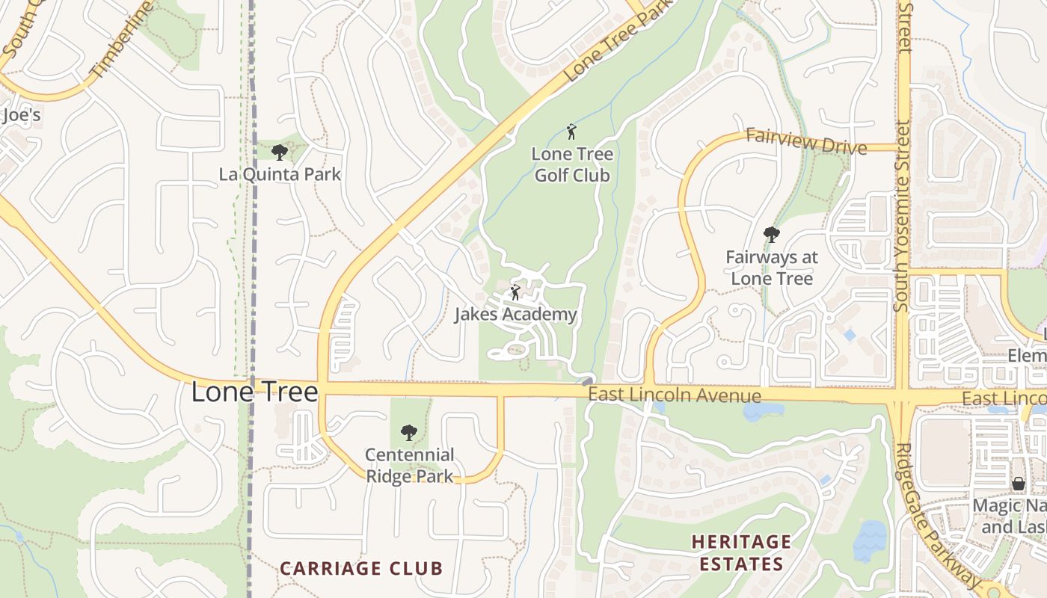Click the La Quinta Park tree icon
(x=280, y=152)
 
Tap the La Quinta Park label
(x=280, y=175)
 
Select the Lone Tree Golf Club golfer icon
(x=572, y=132)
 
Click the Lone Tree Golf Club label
(x=572, y=165)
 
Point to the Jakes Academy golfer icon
(x=515, y=292)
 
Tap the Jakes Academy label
(x=516, y=315)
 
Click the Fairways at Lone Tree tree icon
(x=771, y=235)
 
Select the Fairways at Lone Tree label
(x=772, y=268)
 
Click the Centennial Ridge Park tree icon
(x=408, y=432)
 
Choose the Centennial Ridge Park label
(x=409, y=465)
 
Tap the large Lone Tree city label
(x=255, y=392)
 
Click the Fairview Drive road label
(x=806, y=141)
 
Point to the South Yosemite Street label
(x=903, y=157)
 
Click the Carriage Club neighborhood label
(x=361, y=568)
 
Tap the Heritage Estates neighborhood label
(x=741, y=552)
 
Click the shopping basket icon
(x=1018, y=484)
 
